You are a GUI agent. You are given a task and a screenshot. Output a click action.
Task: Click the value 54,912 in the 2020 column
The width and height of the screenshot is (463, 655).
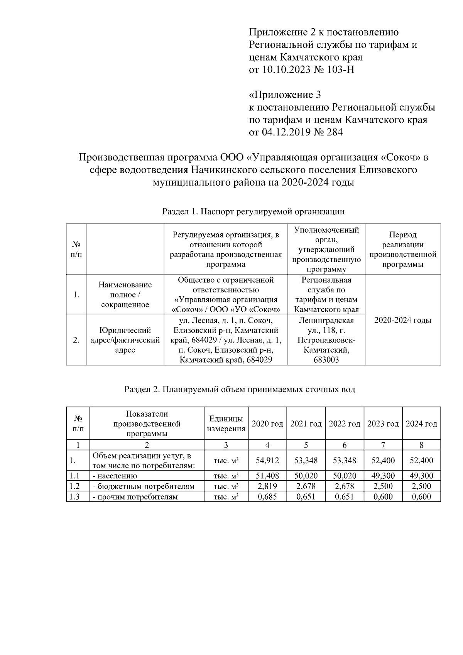[267, 460]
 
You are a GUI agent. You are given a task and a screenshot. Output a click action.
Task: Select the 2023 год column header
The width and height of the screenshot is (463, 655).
[383, 424]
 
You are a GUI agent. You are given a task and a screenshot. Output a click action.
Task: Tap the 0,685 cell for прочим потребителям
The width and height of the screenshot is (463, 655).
[267, 496]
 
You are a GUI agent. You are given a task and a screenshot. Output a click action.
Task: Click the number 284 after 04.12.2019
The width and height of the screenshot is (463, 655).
[334, 132]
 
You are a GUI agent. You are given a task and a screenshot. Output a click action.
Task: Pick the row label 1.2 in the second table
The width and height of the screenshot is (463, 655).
[74, 486]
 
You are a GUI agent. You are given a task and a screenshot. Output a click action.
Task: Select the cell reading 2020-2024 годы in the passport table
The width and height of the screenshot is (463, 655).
[403, 320]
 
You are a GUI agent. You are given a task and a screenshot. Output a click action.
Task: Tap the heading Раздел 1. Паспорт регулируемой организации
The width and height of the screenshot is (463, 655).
[253, 211]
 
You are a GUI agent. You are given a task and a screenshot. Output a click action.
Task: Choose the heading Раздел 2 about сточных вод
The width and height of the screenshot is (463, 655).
[240, 389]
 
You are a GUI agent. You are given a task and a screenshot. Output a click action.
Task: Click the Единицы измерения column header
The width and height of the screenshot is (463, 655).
[226, 424]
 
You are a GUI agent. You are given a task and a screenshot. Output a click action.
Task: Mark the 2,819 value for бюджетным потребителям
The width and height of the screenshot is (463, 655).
[267, 486]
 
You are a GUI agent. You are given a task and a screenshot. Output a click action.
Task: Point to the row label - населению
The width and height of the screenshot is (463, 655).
[115, 476]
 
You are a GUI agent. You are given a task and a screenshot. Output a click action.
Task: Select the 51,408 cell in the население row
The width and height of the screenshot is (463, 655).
[267, 476]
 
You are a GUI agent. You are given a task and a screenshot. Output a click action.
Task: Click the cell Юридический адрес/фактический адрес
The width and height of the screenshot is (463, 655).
[125, 340]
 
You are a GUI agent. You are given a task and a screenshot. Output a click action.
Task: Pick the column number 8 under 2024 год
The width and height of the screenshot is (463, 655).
[421, 445]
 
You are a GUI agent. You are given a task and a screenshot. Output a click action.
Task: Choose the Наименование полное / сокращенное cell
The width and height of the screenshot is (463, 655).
[125, 295]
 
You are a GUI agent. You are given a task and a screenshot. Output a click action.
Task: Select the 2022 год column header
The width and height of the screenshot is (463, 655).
[344, 424]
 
